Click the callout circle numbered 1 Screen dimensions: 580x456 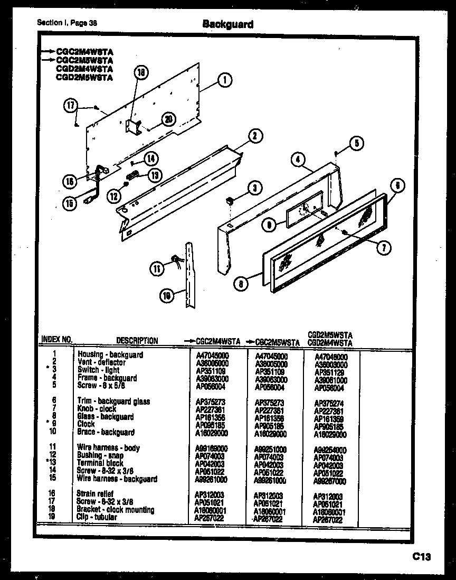point(225,81)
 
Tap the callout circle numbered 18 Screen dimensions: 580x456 point(141,73)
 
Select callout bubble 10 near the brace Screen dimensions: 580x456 point(167,296)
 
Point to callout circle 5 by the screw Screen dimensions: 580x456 point(357,142)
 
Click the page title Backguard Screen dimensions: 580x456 point(228,24)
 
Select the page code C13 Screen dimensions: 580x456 point(422,556)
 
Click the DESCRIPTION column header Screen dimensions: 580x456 point(137,341)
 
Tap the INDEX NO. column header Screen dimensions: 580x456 point(56,340)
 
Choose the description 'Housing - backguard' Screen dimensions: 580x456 point(110,354)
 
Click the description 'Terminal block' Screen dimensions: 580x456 point(100,463)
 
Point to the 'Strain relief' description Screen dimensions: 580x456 point(94,494)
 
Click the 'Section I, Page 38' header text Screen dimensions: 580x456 point(67,23)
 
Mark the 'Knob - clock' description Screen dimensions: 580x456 point(97,409)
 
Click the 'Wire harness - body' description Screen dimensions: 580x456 point(108,448)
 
